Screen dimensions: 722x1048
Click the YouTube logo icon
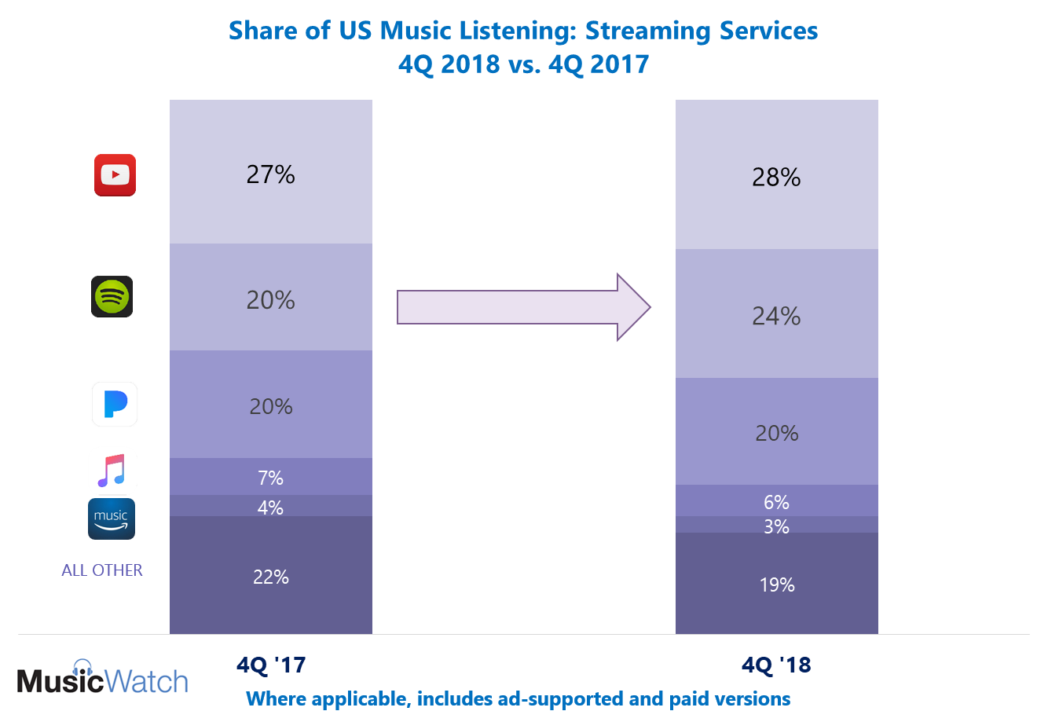coord(115,174)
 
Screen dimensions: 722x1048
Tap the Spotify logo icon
coord(112,296)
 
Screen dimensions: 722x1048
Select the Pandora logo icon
coord(115,404)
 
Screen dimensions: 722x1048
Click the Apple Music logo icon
coord(112,471)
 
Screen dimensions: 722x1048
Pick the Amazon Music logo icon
coord(112,519)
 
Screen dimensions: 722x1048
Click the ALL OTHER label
coord(102,570)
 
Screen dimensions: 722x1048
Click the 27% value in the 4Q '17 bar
coord(270,174)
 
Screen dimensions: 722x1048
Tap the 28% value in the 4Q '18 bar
coord(776,178)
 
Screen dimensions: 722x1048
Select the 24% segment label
coord(776,316)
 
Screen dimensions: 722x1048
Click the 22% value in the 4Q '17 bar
coord(270,577)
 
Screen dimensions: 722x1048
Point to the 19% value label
coord(776,585)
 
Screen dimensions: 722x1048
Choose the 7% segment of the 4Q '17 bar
coord(270,478)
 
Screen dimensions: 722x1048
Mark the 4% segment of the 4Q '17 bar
coord(270,508)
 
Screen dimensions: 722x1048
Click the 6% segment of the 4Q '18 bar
coord(776,502)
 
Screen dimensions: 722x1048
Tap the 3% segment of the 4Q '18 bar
coord(776,526)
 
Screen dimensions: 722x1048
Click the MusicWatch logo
coord(103,676)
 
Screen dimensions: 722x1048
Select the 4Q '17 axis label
coord(270,665)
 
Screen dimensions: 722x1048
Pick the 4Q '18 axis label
coord(776,665)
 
